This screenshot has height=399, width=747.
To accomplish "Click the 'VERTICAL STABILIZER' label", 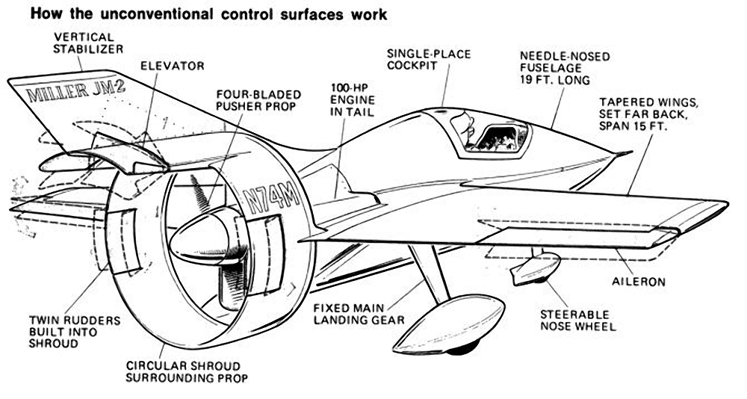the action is (x=88, y=43).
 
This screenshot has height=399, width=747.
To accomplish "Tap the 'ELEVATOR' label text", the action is (x=173, y=66).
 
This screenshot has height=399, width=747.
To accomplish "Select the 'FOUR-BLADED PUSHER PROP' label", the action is (x=258, y=100).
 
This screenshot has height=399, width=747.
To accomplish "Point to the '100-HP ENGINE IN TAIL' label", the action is (x=353, y=100).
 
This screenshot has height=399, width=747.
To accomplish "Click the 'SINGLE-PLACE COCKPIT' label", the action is (x=429, y=60).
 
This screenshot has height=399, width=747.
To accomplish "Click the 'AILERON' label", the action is (x=639, y=282).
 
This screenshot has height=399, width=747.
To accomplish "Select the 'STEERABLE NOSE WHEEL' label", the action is (x=578, y=321).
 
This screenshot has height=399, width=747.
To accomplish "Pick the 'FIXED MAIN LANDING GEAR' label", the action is (x=359, y=314).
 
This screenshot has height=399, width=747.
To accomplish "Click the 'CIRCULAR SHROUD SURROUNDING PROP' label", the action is (x=187, y=372).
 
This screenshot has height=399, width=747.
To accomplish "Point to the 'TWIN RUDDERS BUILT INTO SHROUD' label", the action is (x=75, y=332).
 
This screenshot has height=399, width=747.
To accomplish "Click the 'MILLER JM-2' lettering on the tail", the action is (x=75, y=91).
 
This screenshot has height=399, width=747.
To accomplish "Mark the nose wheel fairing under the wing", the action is (x=535, y=269).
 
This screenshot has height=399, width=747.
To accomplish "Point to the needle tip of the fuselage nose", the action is (x=631, y=152).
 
